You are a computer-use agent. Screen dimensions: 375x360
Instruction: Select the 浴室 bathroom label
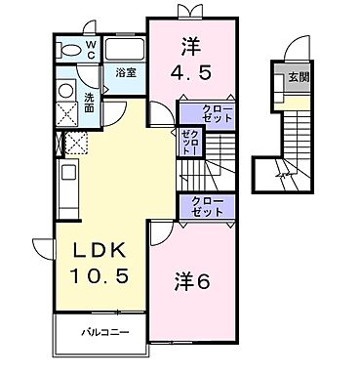click(124, 71)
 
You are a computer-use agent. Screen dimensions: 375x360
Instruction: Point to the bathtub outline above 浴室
click(124, 50)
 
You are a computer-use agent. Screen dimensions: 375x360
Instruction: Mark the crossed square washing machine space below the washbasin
click(66, 114)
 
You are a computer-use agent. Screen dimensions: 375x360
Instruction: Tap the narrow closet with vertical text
click(187, 144)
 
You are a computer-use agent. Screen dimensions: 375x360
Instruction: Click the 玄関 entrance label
click(294, 78)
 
